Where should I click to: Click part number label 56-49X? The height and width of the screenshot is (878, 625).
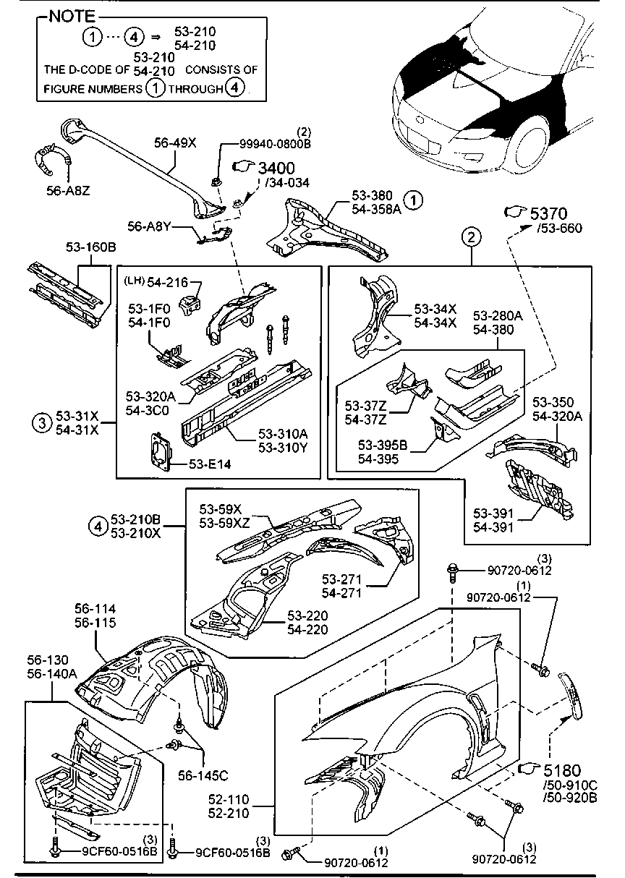175,143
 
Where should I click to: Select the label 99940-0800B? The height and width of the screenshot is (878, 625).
276,143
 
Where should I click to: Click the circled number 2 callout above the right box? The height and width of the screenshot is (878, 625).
471,236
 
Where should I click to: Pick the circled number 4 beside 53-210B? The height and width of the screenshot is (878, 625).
98,527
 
